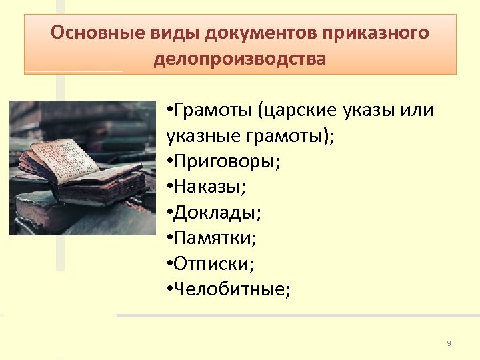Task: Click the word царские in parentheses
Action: point(304,110)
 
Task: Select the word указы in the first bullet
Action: point(371,110)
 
